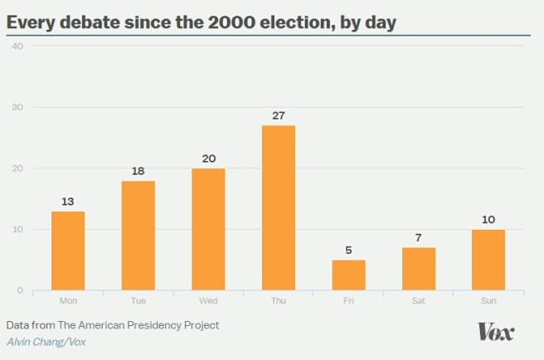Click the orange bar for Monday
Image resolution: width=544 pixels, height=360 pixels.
[x=68, y=251]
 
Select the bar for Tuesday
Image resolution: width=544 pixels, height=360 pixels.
[x=138, y=236]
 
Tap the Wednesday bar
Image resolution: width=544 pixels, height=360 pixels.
[x=208, y=229]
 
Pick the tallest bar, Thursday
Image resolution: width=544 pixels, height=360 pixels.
[x=278, y=207]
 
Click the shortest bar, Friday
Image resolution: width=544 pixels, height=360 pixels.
[x=348, y=275]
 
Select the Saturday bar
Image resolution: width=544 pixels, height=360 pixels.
[x=418, y=269]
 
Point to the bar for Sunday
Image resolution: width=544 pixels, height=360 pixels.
[x=488, y=260]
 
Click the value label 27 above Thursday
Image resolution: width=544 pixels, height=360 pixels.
[x=278, y=115]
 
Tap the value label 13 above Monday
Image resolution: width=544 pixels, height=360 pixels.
[x=68, y=202]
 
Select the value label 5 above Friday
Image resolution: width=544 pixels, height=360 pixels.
[x=348, y=251]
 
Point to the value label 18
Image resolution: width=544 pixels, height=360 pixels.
[x=138, y=171]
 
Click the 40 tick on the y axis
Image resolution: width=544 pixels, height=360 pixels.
[x=17, y=46]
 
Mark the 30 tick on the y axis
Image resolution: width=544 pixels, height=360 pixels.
[x=17, y=107]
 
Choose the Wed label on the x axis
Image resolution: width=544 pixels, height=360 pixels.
[x=208, y=301]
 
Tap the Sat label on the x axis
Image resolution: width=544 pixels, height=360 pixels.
[x=418, y=301]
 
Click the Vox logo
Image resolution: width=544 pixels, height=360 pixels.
[x=496, y=332]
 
